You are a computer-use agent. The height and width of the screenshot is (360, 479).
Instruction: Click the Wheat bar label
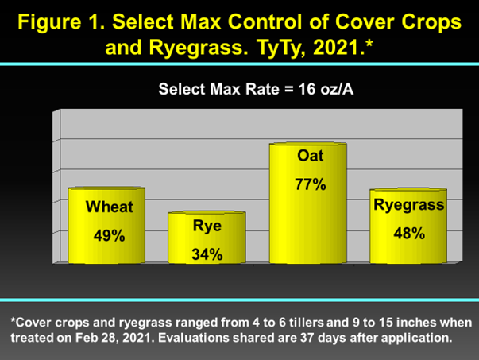[x=110, y=207]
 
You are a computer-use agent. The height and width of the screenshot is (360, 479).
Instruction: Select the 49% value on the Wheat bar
[x=110, y=235]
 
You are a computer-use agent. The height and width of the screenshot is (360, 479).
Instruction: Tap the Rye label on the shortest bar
[x=207, y=226]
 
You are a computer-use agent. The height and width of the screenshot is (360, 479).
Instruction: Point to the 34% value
[x=207, y=254]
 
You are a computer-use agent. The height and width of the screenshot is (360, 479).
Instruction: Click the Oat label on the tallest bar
[x=310, y=156]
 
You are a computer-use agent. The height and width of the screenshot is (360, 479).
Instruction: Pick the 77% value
[x=311, y=184]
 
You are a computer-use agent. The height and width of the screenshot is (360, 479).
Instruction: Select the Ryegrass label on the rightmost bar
[x=409, y=205]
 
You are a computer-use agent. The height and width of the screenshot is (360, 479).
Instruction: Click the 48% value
[x=409, y=233]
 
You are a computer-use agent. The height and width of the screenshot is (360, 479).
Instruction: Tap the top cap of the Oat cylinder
[x=308, y=144]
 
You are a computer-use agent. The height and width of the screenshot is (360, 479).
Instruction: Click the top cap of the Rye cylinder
[x=207, y=213]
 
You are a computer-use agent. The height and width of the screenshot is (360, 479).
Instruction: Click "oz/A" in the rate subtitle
[x=337, y=89]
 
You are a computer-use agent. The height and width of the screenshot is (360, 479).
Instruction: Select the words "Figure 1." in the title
[x=61, y=22]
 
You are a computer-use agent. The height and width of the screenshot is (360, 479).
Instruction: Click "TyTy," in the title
[x=281, y=48]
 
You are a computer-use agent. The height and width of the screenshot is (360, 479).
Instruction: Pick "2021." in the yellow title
[x=339, y=48]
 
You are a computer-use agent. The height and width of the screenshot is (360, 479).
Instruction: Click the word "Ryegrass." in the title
[x=199, y=48]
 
